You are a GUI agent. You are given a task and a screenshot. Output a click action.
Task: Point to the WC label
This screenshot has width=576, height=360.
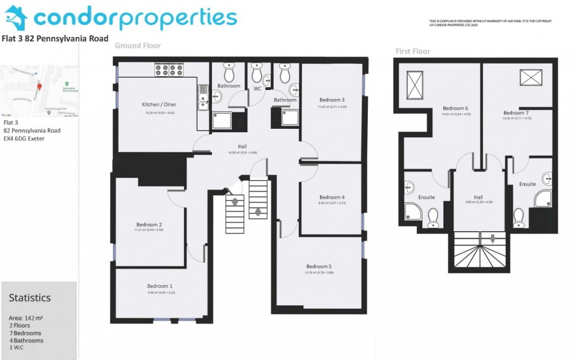pyautogui.click(x=258, y=88)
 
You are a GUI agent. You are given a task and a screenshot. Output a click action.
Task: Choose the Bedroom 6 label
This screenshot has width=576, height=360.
pyautogui.click(x=455, y=108)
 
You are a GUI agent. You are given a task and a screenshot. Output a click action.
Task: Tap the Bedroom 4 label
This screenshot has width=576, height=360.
pyautogui.click(x=331, y=197)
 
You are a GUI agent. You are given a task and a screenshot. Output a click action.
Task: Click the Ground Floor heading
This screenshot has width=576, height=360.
pyautogui.click(x=138, y=46)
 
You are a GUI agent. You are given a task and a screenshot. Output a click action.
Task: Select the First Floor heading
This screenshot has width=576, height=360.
pyautogui.click(x=412, y=51)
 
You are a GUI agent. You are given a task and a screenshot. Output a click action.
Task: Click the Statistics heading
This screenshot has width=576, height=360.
pyautogui.click(x=30, y=298)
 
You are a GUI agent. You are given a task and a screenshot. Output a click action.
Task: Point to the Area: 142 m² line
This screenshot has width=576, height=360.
pyautogui.click(x=26, y=318)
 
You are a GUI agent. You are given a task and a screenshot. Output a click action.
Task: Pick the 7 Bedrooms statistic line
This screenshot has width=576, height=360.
pyautogui.click(x=25, y=333)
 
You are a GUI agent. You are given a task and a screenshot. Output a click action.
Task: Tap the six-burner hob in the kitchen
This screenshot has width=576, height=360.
pyautogui.click(x=166, y=69)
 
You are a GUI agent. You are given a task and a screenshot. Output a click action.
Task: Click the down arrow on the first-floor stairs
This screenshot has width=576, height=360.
pyautogui.click(x=493, y=238)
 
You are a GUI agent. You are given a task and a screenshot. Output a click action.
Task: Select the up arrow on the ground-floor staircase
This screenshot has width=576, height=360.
pyautogui.click(x=258, y=211)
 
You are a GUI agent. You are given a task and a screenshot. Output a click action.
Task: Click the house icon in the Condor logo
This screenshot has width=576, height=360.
pyautogui.click(x=15, y=19)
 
